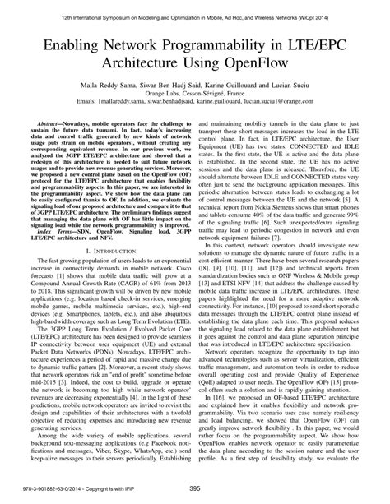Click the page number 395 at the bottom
pos(195,488)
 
